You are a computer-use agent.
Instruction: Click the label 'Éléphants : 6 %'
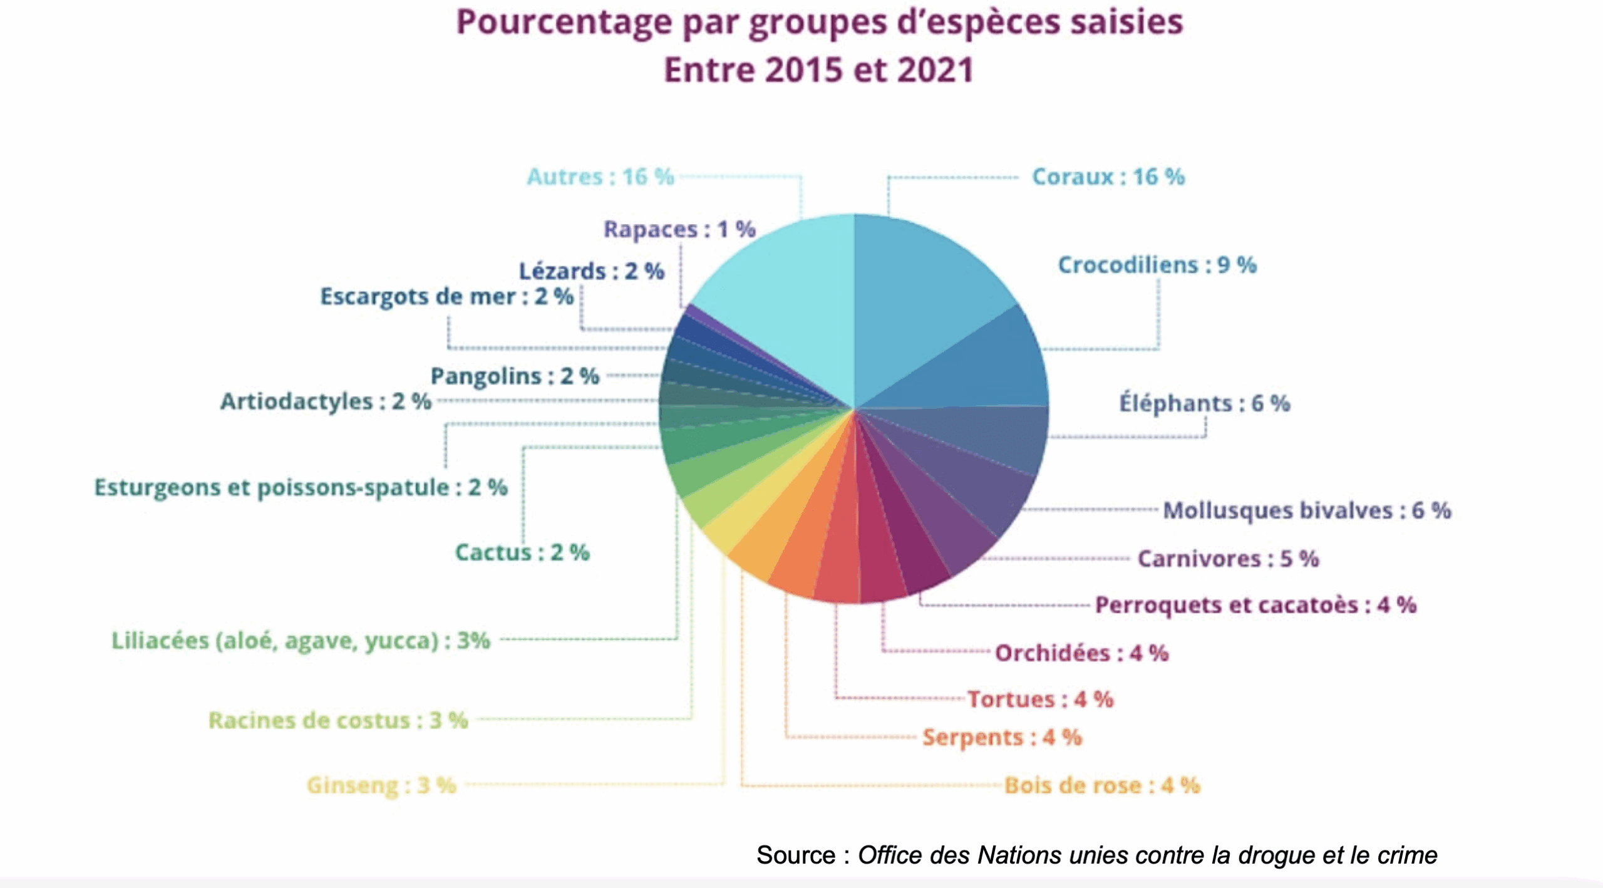[1204, 403]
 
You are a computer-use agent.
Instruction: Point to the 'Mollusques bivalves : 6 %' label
[1306, 510]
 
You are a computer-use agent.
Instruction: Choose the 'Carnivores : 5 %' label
[1228, 559]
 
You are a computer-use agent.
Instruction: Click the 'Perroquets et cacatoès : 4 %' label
[1255, 605]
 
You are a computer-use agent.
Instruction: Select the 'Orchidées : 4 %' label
[1081, 653]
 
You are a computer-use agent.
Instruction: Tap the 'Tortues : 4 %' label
[1040, 699]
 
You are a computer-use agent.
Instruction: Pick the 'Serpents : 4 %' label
[1002, 737]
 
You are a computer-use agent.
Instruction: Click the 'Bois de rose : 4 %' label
[1102, 785]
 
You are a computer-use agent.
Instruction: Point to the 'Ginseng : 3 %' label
[381, 785]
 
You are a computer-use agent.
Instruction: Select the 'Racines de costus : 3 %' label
[338, 720]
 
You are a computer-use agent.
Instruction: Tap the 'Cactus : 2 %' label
[522, 552]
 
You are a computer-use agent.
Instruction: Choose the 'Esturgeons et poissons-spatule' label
[301, 487]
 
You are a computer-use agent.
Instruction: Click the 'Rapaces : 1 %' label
[679, 229]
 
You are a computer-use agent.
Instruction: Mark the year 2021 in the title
[935, 70]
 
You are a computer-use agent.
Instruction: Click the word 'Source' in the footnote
[795, 855]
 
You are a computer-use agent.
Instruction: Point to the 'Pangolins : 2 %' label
[515, 376]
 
